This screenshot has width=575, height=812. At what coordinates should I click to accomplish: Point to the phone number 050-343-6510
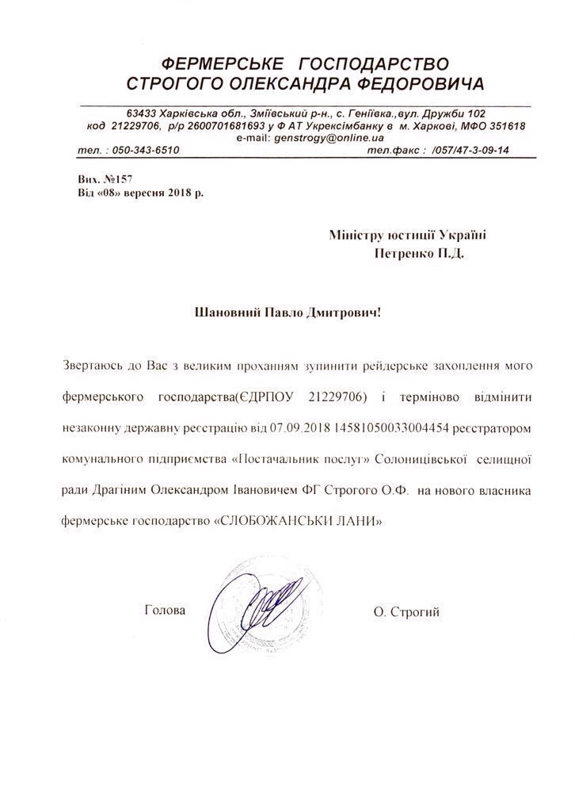(x=147, y=150)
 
